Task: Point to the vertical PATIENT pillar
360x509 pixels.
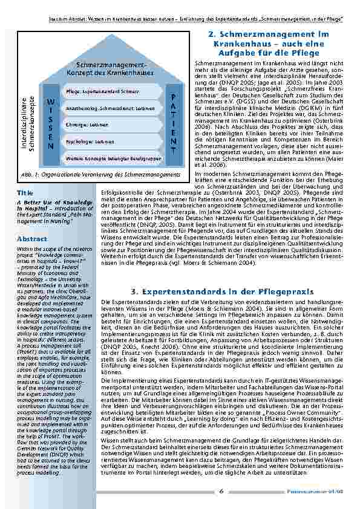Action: (x=173, y=124)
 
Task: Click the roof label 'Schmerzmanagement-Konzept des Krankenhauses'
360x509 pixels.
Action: (x=111, y=68)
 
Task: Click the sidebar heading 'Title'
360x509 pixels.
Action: (x=25, y=193)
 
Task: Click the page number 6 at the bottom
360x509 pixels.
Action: (x=221, y=491)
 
